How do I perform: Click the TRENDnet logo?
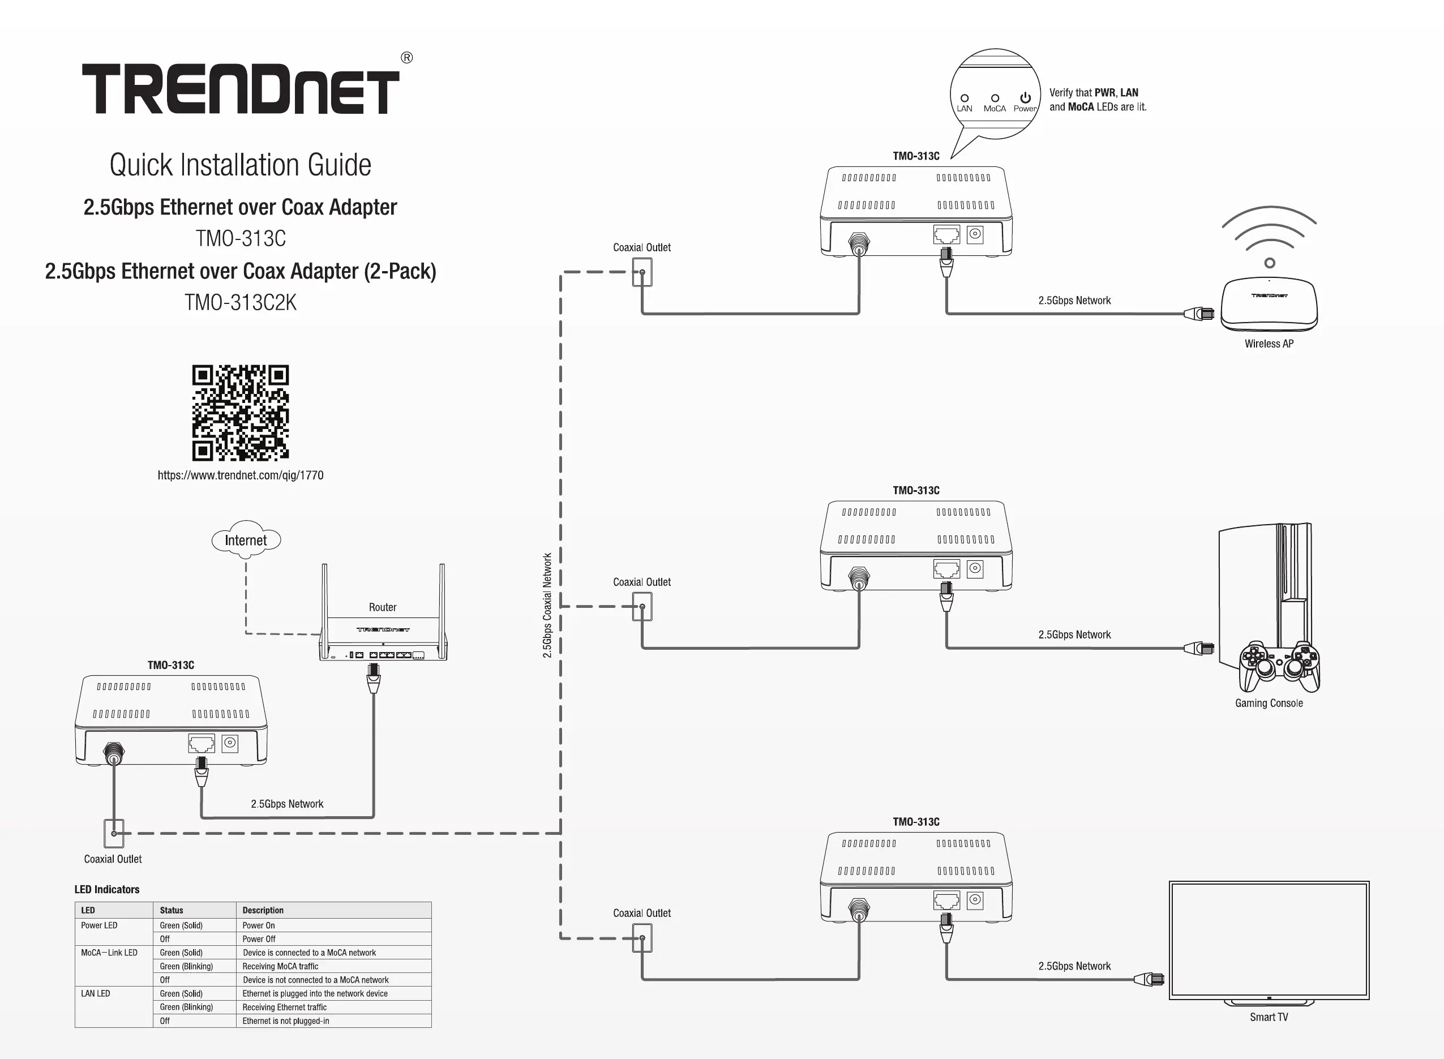tap(241, 88)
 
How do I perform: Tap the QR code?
tap(241, 413)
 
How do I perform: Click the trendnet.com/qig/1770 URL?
tap(241, 475)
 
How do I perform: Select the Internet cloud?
tap(246, 540)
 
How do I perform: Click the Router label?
tap(383, 607)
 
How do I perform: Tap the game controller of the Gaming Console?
tap(1279, 667)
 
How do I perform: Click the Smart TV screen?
tap(1269, 940)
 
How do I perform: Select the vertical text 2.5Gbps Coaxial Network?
tap(547, 605)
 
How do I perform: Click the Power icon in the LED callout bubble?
tap(1026, 98)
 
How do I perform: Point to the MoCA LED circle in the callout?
tap(995, 98)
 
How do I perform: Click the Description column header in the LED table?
tap(263, 910)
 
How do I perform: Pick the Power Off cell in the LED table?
tap(259, 939)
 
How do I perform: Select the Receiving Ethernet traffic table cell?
tap(285, 1007)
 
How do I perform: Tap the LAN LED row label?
tap(96, 993)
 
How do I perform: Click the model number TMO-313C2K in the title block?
tap(241, 303)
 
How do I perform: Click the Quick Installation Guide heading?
tap(241, 165)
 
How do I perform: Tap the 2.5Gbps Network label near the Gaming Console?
tap(1074, 634)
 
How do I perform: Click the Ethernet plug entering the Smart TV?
tap(1150, 980)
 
